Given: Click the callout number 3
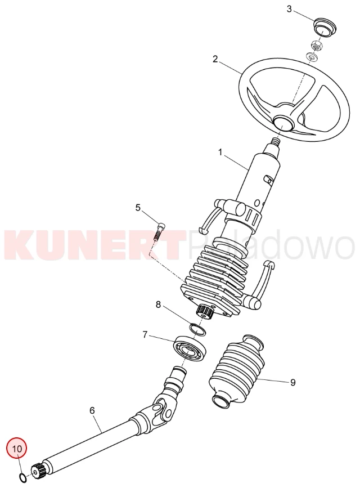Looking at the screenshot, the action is point(289,9).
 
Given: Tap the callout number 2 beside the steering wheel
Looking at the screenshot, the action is point(215,59).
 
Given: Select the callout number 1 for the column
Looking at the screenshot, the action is point(220,152).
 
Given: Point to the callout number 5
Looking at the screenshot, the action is point(138,207).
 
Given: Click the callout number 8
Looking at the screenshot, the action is point(158,305).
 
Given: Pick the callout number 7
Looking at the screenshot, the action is point(145,334).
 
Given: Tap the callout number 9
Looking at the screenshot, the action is point(292,382).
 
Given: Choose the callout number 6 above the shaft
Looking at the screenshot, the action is point(92,410).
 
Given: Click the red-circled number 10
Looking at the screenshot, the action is point(17,449).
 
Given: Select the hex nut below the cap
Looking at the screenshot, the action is point(317,46).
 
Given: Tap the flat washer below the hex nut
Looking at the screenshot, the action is point(312,57).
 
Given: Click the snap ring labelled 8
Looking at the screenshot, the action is point(198,329).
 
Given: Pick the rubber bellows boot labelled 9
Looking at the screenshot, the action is point(238,370).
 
